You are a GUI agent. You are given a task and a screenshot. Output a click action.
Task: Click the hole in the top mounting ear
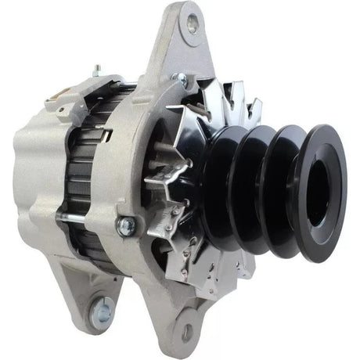(191, 23)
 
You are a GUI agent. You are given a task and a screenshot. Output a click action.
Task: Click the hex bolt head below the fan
(126, 225)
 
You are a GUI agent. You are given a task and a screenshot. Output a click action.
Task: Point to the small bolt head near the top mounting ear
(181, 78)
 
